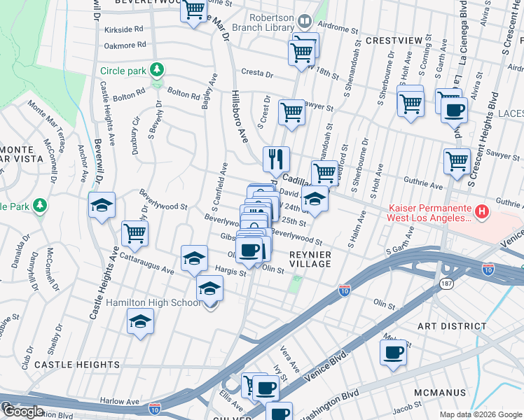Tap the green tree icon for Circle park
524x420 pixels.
pos(158,70)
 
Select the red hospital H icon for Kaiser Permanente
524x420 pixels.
pos(481,211)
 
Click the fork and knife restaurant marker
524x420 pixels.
pos(277,159)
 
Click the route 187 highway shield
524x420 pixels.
pos(446,283)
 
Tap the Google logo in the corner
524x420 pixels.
pos(23,412)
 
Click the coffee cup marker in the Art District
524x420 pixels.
pos(393,351)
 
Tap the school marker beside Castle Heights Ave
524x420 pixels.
pos(102,205)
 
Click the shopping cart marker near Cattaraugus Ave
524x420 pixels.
pos(135,233)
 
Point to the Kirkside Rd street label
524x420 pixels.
pos(123,29)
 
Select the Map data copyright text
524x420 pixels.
pos(480,414)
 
